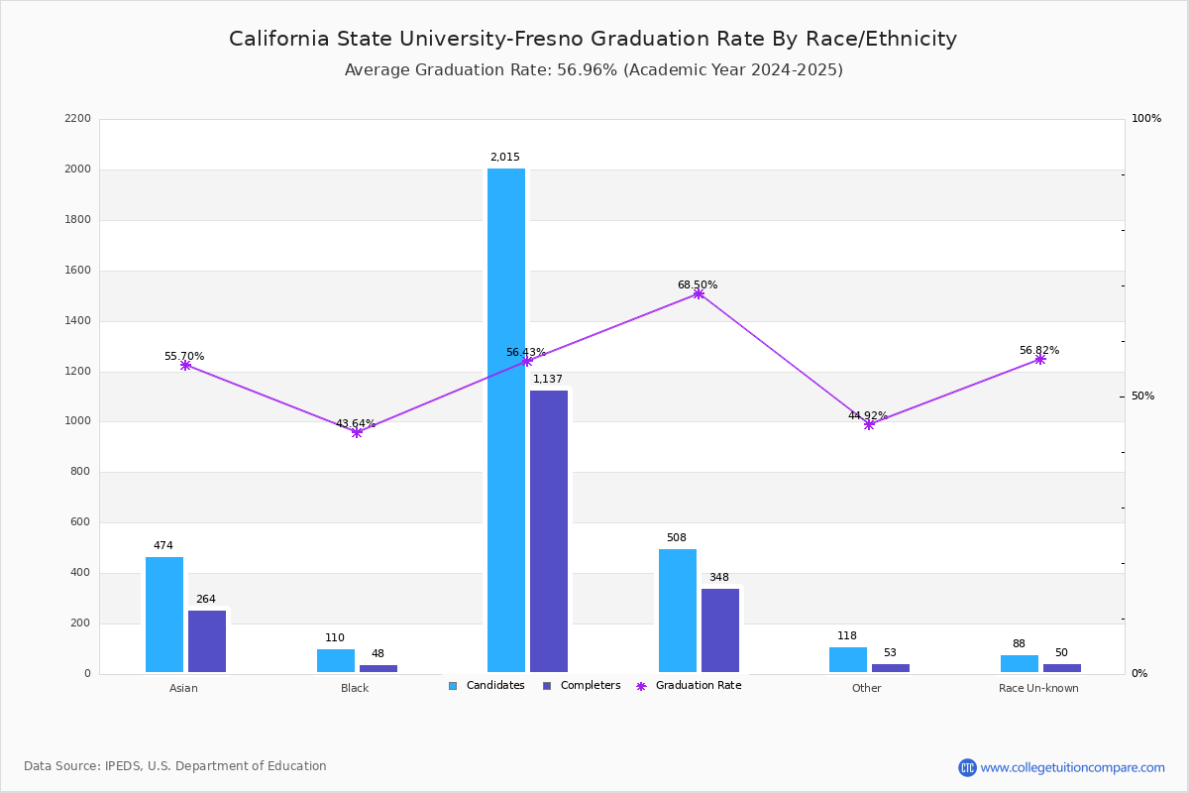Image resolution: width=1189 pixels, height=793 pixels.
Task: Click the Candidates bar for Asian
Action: click(x=164, y=615)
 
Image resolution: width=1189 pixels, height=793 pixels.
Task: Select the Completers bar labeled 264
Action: click(x=207, y=641)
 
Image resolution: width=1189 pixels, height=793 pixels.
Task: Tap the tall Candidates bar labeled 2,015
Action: click(x=506, y=420)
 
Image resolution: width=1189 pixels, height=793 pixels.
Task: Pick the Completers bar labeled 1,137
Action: click(x=549, y=531)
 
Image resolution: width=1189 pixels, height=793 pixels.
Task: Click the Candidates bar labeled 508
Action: click(x=678, y=611)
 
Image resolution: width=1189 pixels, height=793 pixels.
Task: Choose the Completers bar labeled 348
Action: click(x=720, y=630)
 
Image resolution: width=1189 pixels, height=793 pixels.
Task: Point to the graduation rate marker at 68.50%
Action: click(x=699, y=294)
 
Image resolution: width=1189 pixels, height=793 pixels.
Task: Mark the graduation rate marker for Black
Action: click(x=357, y=432)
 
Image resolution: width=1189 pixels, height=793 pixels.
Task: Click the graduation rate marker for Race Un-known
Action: click(x=1039, y=360)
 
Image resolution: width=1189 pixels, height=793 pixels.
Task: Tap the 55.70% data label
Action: click(x=184, y=356)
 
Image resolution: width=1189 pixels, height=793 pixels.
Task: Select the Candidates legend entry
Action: click(x=486, y=685)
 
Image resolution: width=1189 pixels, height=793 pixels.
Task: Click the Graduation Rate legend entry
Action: click(x=689, y=685)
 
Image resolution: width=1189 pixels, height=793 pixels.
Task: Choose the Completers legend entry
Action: click(x=582, y=685)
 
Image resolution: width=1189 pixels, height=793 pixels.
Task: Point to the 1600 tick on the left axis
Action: click(x=77, y=270)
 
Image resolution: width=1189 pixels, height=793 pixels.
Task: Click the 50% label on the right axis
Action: click(x=1142, y=396)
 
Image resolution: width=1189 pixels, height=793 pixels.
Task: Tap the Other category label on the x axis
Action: click(x=866, y=688)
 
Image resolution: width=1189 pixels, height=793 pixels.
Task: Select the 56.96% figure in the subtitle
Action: click(x=587, y=69)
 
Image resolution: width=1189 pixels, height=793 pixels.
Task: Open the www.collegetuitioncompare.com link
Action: click(x=1072, y=767)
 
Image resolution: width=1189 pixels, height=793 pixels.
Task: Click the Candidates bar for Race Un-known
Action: click(x=1020, y=664)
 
